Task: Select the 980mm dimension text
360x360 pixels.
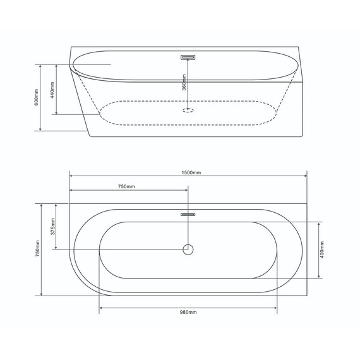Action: click(188, 313)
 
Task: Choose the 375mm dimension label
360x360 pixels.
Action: click(53, 226)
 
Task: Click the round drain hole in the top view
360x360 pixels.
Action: click(188, 249)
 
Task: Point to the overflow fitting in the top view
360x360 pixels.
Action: click(188, 214)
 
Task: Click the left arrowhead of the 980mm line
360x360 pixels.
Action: click(101, 308)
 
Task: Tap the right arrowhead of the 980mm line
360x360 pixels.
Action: click(275, 308)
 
